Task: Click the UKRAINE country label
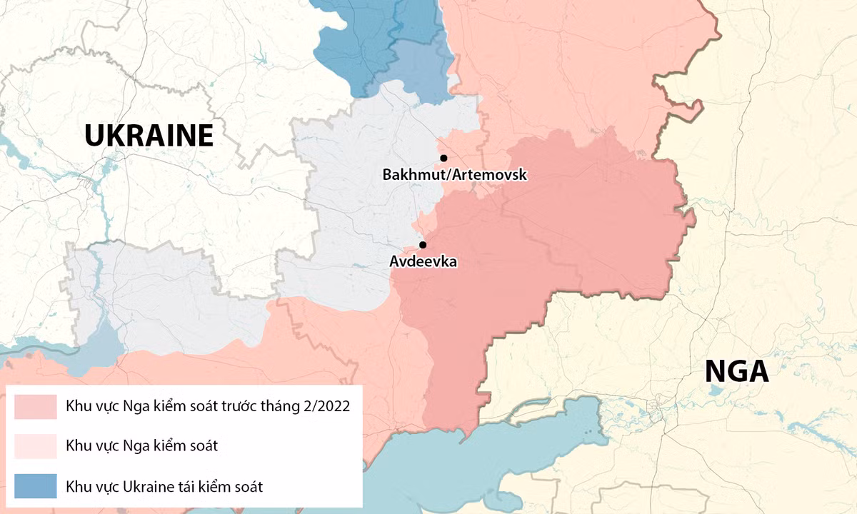pos(149,135)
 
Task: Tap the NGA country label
pos(736,371)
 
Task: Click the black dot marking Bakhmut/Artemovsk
pos(443,158)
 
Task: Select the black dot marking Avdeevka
pos(423,245)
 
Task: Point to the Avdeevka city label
pos(423,262)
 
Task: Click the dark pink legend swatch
pos(36,407)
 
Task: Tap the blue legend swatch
pos(36,487)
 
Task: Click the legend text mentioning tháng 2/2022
pos(208,407)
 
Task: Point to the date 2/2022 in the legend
pos(325,407)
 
